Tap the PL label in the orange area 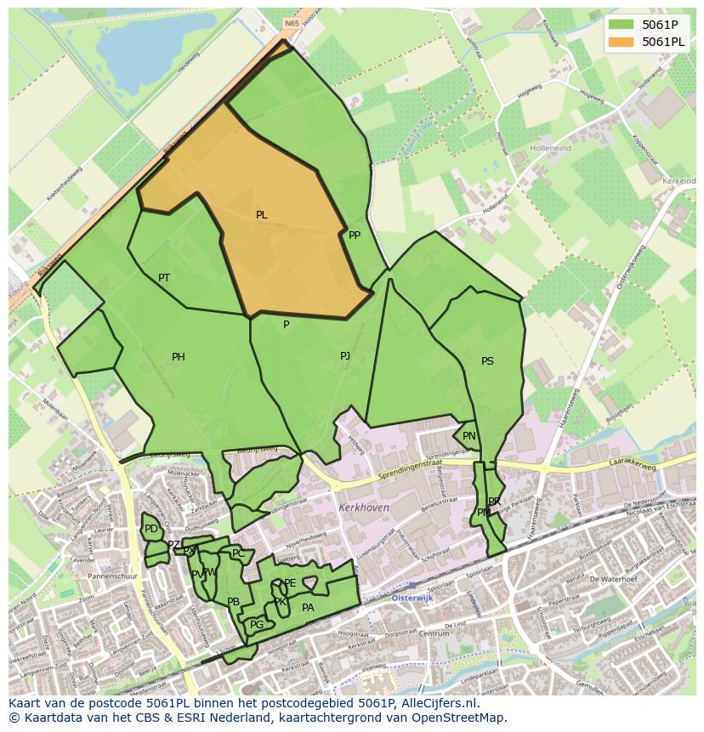coord(262,215)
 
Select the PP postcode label coord(355,235)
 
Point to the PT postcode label coord(164,278)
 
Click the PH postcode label coord(179,357)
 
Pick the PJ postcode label coord(345,356)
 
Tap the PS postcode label coord(487,361)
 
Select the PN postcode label coord(469,436)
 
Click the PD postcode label coord(151,529)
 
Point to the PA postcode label coord(308,607)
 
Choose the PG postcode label coord(257,625)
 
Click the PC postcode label coord(238,553)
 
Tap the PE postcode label coord(290,583)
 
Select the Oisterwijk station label coord(413,598)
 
